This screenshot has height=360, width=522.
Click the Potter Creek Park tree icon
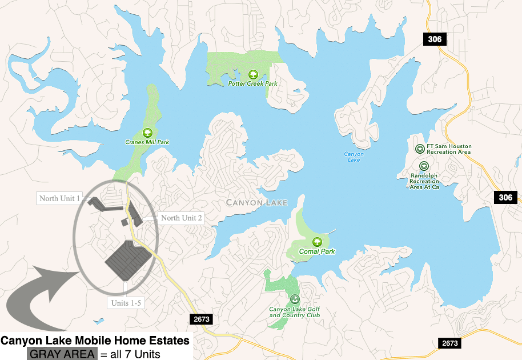pyautogui.click(x=252, y=74)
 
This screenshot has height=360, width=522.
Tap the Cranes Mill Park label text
pyautogui.click(x=147, y=142)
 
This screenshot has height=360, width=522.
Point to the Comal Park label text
pyautogui.click(x=317, y=251)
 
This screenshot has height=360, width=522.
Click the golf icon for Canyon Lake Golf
pyautogui.click(x=295, y=299)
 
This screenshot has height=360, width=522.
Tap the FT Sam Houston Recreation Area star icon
pyautogui.click(x=420, y=149)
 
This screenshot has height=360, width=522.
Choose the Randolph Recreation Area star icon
pyautogui.click(x=424, y=166)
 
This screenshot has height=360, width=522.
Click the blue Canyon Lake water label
pyautogui.click(x=354, y=157)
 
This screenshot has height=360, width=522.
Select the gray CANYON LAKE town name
pyautogui.click(x=256, y=202)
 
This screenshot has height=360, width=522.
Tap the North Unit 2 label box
pyautogui.click(x=181, y=218)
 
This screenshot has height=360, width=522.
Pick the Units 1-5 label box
pyautogui.click(x=126, y=303)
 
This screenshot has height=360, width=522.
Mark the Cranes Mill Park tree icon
pyautogui.click(x=147, y=132)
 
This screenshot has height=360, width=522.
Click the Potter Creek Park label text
pyautogui.click(x=252, y=83)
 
